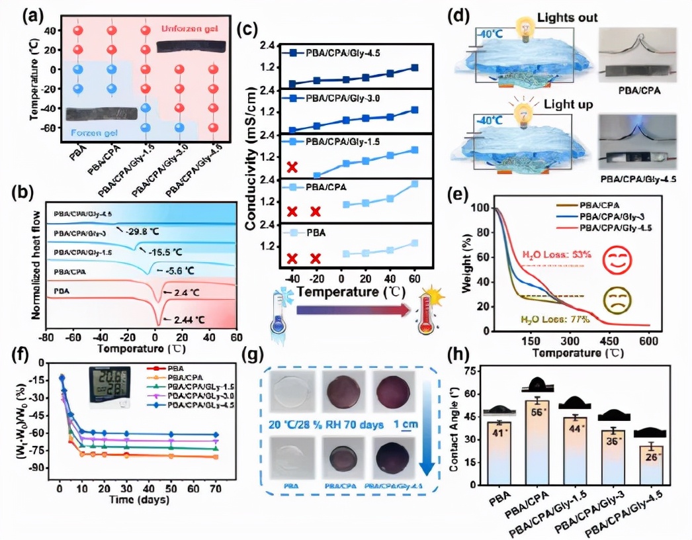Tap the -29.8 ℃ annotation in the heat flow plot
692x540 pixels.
(x=144, y=232)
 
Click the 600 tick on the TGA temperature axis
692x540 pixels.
(x=648, y=339)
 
